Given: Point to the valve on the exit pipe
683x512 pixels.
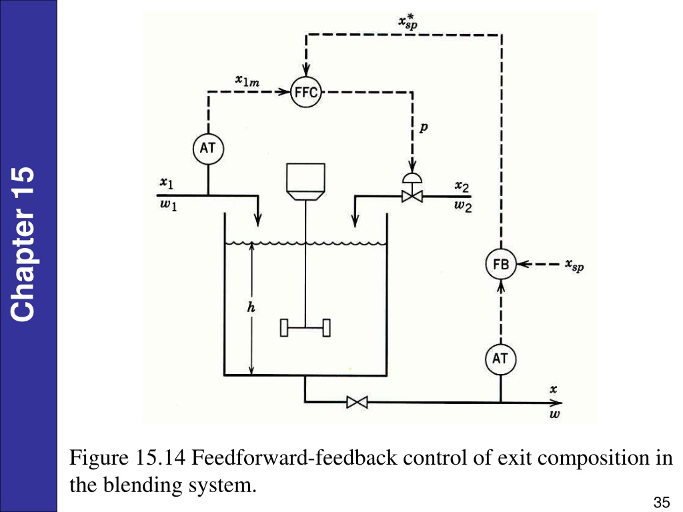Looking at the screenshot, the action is click(358, 402).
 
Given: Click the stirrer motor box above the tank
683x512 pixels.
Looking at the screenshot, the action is click(305, 181).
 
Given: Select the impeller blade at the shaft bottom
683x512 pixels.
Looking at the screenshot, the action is click(305, 328).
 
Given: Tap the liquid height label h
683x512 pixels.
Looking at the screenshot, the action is click(251, 307).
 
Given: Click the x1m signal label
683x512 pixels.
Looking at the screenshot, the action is click(247, 81).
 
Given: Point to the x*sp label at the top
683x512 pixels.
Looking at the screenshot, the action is click(408, 21).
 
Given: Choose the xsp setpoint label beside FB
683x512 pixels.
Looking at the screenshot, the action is click(574, 265).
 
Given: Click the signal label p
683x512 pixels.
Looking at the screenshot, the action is click(424, 127).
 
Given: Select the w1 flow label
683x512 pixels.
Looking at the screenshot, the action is click(169, 205).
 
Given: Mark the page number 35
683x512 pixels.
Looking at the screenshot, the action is click(662, 503).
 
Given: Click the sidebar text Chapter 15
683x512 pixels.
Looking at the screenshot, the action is click(22, 244).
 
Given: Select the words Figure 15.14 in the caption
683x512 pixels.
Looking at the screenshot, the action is click(128, 458).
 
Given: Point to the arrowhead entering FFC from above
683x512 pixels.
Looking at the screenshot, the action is click(306, 70).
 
